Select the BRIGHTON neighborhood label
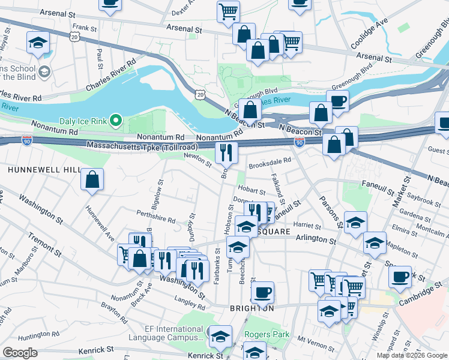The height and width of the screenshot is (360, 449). click(252, 308)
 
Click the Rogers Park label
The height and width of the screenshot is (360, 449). click(267, 334)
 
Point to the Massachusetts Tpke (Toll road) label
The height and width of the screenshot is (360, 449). click(142, 146)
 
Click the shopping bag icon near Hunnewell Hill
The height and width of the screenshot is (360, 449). click(92, 179)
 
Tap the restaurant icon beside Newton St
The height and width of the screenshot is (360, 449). click(226, 153)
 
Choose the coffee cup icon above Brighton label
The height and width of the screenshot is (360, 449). click(262, 293)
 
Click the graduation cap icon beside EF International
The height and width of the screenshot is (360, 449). click(220, 336)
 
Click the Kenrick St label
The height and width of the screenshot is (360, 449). click(94, 349)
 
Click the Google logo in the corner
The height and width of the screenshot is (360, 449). click(20, 353)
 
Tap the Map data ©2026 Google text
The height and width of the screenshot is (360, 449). click(411, 355)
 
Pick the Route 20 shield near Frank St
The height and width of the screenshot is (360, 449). click(74, 37)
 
